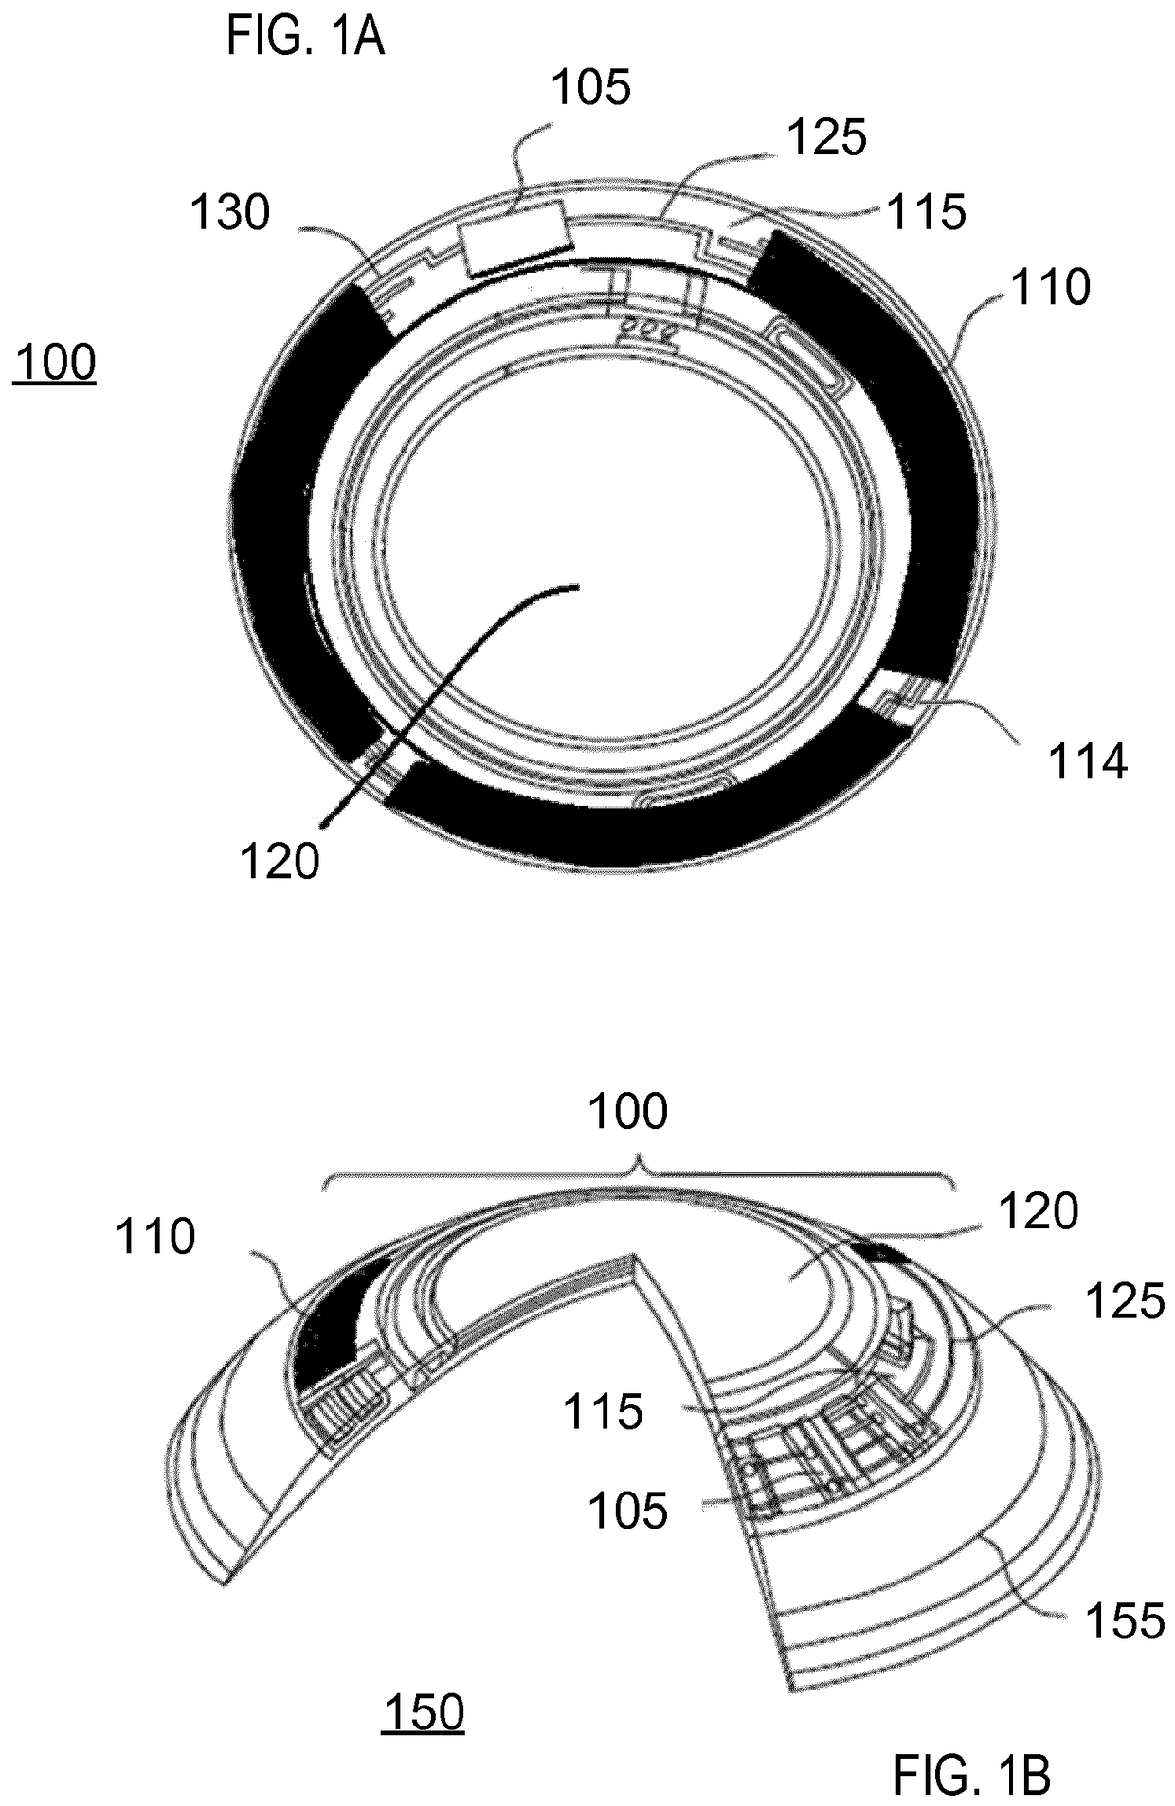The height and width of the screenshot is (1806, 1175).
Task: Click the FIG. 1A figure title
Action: point(305,37)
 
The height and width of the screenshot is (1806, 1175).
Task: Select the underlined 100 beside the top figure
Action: point(55,364)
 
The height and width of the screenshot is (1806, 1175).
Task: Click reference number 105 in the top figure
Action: point(591,89)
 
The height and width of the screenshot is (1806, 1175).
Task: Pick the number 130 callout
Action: point(230,213)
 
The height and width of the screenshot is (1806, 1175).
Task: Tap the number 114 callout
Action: point(1087,761)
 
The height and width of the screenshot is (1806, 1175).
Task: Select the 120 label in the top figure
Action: point(280,862)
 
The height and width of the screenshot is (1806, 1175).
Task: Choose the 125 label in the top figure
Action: point(827,138)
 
